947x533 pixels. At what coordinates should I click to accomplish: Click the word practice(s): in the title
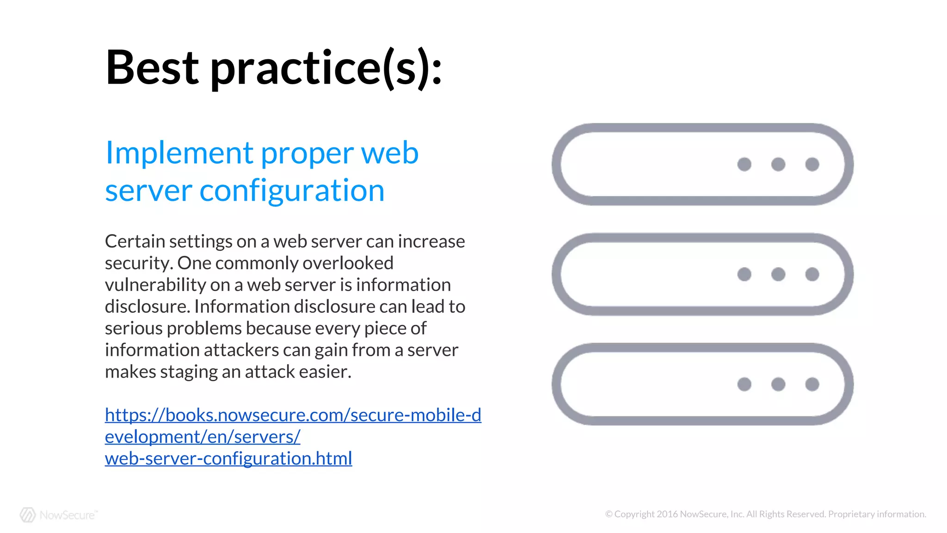point(326,68)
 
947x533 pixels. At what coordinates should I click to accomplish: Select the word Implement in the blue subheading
point(179,153)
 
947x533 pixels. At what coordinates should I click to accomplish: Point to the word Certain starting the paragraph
point(135,242)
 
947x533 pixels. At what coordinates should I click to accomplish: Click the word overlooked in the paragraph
point(348,263)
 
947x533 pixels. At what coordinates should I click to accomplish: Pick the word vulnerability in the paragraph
point(155,285)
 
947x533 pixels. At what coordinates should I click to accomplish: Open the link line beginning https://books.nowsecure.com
point(293,415)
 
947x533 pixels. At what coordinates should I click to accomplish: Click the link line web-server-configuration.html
point(228,459)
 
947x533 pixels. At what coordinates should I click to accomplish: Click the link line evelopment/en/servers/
point(203,437)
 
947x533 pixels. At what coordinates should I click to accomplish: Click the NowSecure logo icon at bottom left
point(28,514)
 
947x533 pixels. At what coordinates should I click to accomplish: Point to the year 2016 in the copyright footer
point(667,514)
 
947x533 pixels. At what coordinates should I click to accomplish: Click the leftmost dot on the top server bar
point(744,164)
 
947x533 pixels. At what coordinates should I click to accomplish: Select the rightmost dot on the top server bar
point(812,164)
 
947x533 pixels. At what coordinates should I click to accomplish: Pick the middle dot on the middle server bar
point(778,274)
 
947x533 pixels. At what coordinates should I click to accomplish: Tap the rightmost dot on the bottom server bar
point(812,384)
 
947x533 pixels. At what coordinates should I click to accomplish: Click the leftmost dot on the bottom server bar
point(744,384)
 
